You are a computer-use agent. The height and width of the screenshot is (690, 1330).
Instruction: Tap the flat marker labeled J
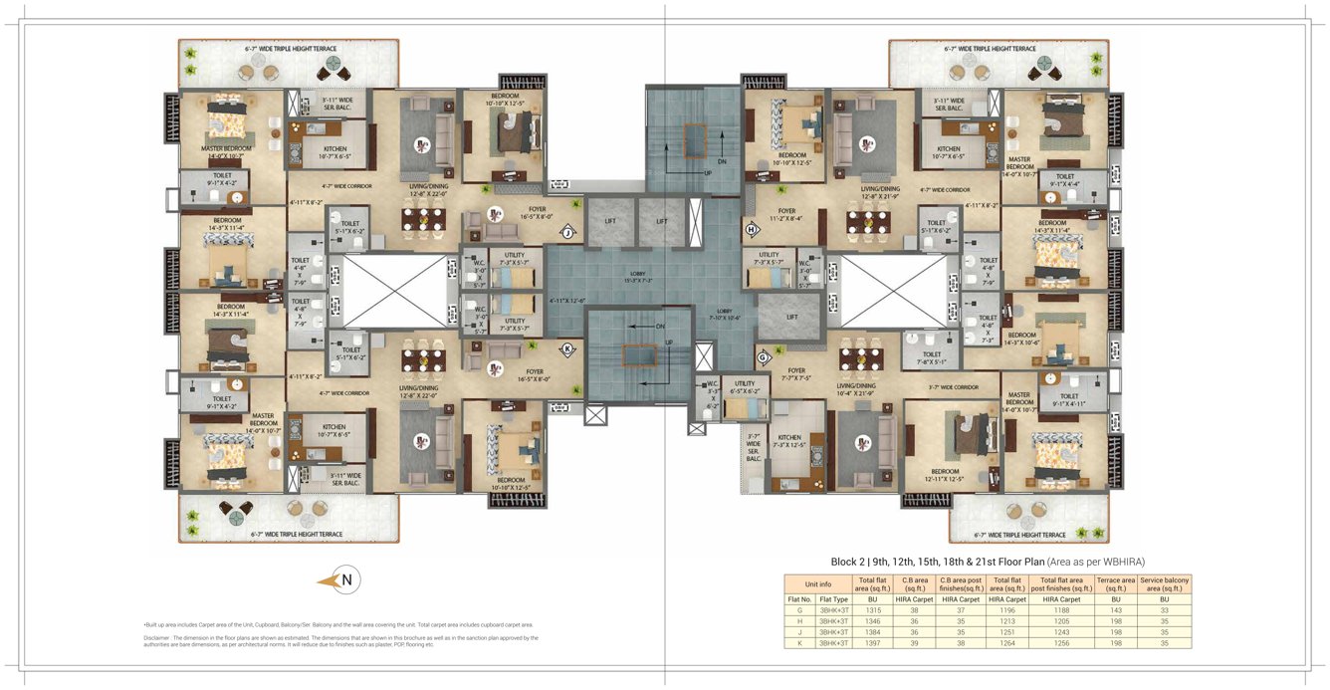[568, 232]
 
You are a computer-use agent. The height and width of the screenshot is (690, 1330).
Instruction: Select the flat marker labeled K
[567, 349]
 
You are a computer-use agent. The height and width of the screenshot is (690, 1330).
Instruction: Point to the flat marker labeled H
[751, 230]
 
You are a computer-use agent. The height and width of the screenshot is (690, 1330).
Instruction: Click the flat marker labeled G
[763, 356]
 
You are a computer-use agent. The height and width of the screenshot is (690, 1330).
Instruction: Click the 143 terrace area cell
[1115, 610]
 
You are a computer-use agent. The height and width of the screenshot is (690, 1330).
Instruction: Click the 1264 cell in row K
[1008, 643]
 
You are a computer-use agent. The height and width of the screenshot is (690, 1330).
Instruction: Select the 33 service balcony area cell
[1164, 610]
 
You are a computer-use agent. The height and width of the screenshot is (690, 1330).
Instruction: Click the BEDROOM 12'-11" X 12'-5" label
[945, 475]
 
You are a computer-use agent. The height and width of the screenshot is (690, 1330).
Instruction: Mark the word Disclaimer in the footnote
[159, 637]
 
